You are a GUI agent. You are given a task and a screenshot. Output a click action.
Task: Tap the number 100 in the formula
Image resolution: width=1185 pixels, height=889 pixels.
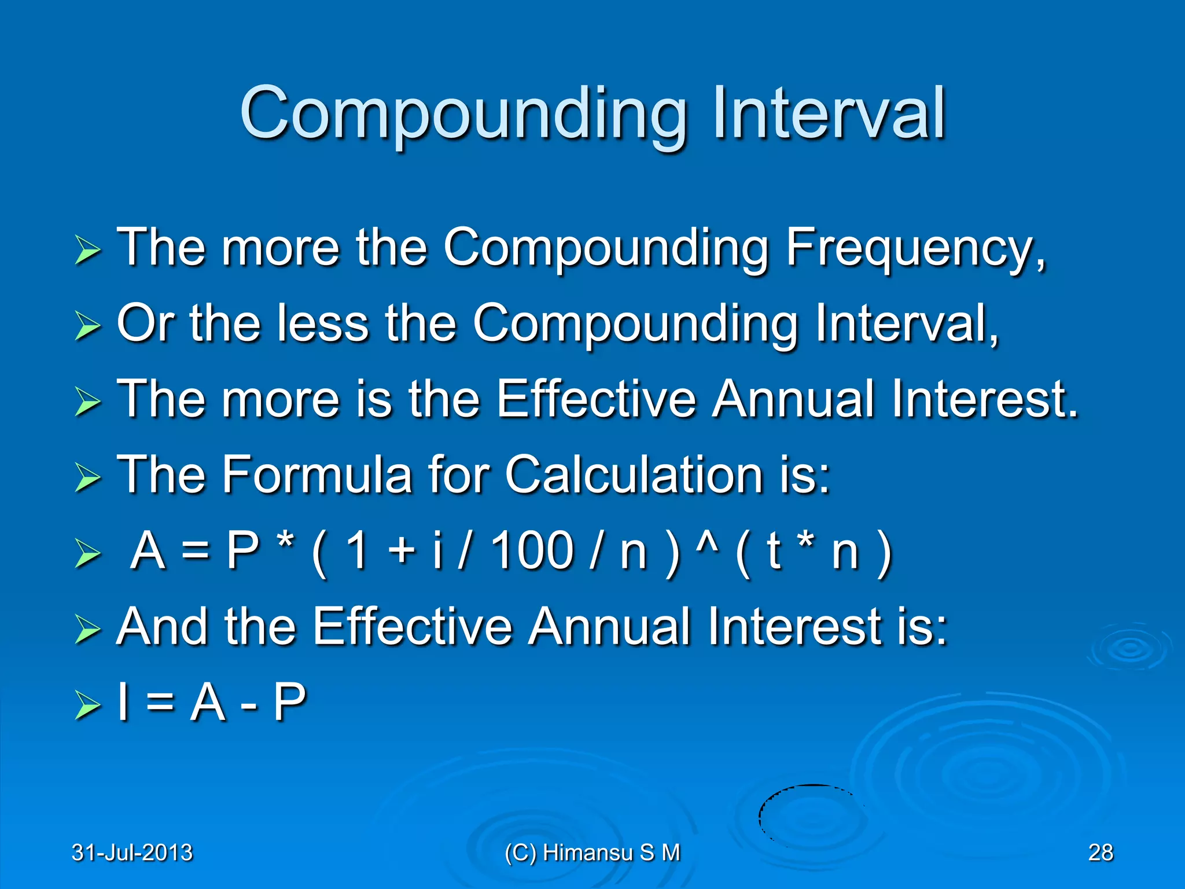[x=532, y=550]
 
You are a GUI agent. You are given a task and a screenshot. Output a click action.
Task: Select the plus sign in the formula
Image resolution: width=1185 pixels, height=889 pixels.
[x=403, y=551]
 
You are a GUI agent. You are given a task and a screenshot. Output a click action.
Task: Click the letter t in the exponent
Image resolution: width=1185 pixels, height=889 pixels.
[x=774, y=550]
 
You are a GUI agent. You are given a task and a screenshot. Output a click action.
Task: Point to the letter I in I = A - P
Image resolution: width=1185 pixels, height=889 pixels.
[x=123, y=702]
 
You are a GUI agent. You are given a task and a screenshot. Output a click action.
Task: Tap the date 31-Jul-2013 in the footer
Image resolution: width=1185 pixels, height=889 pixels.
[x=132, y=853]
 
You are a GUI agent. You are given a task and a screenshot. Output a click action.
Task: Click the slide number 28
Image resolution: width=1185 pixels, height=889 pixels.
[x=1100, y=853]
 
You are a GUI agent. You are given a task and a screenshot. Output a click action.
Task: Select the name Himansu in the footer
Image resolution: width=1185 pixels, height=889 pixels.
[x=588, y=853]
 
